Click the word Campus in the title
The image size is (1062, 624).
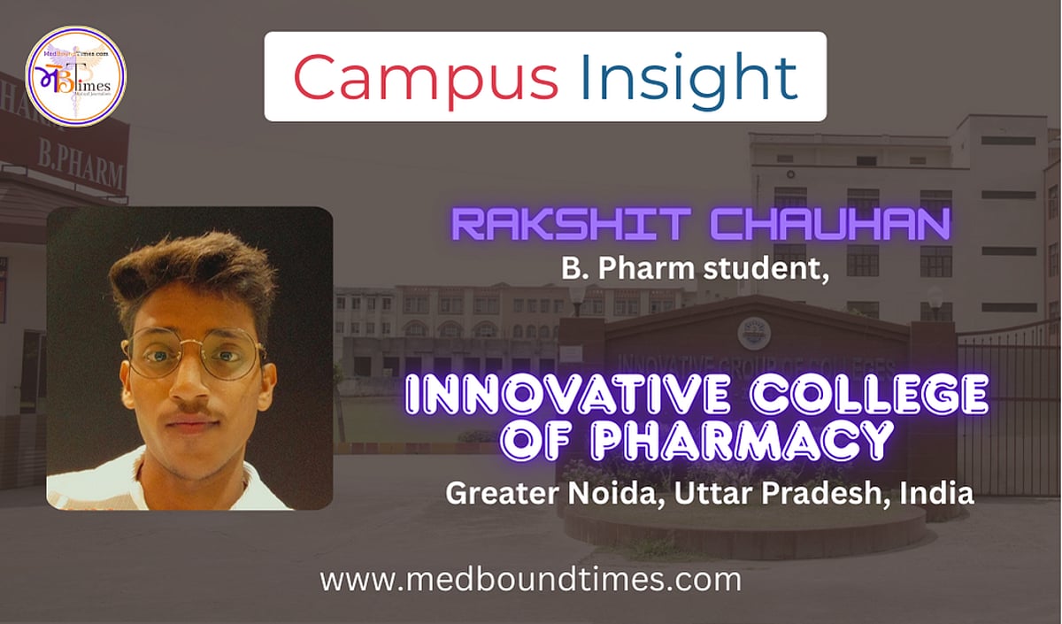[x=426, y=78]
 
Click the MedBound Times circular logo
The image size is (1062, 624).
[x=75, y=76]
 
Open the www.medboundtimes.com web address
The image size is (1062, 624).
[x=530, y=581]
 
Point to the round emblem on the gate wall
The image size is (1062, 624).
[x=754, y=334]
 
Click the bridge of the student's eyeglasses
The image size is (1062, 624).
[x=196, y=348]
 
